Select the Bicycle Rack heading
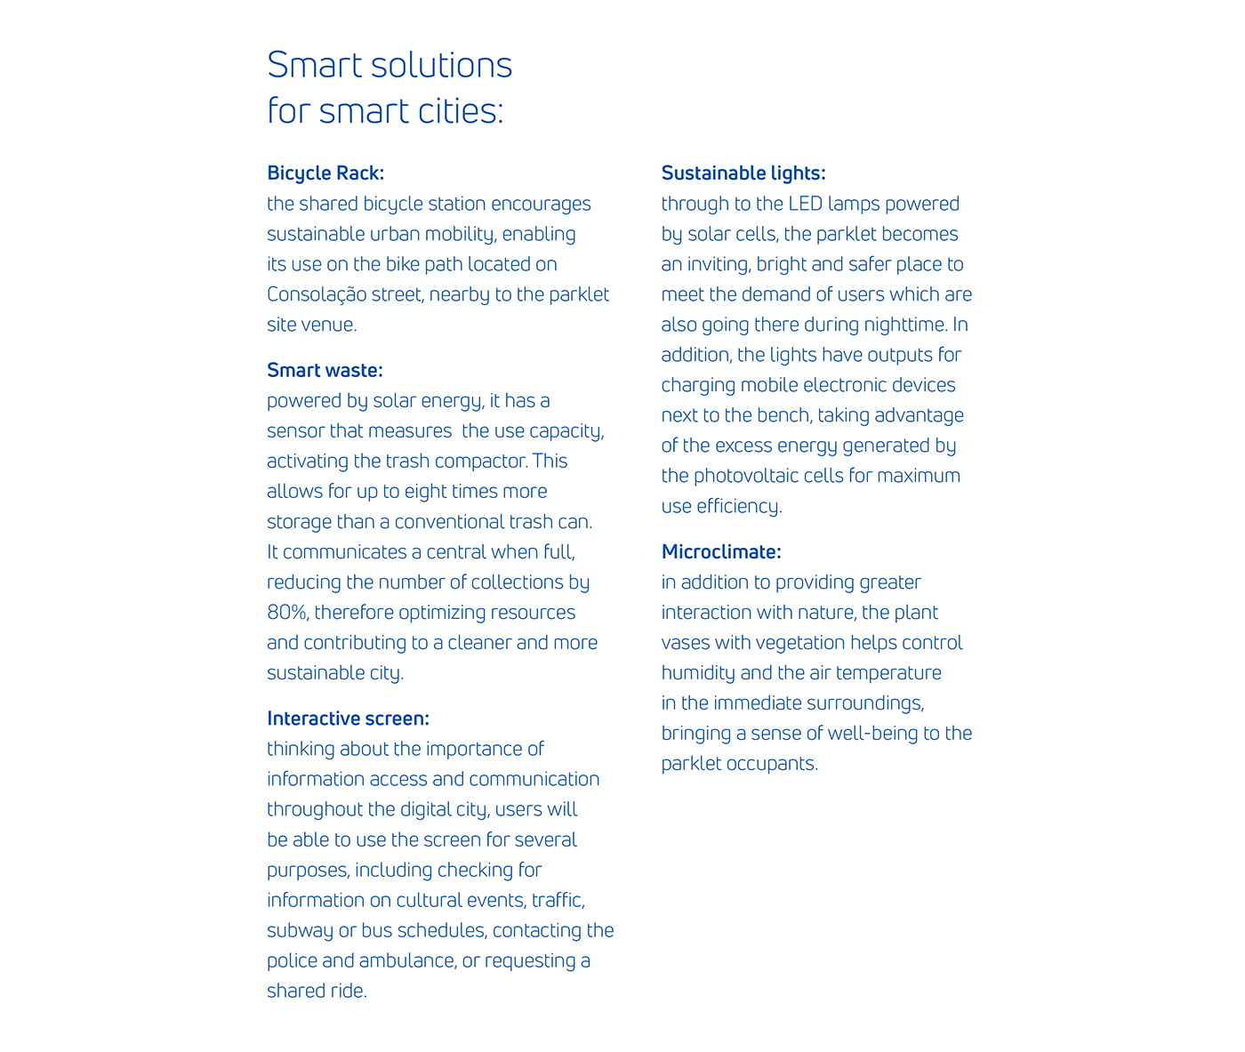coord(325,173)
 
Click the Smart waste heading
coord(325,370)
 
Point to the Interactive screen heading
coord(348,719)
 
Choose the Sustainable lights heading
coord(743,173)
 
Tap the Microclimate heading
coord(721,552)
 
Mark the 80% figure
coord(286,613)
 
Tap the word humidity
coord(698,673)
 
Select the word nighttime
coord(899,325)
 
